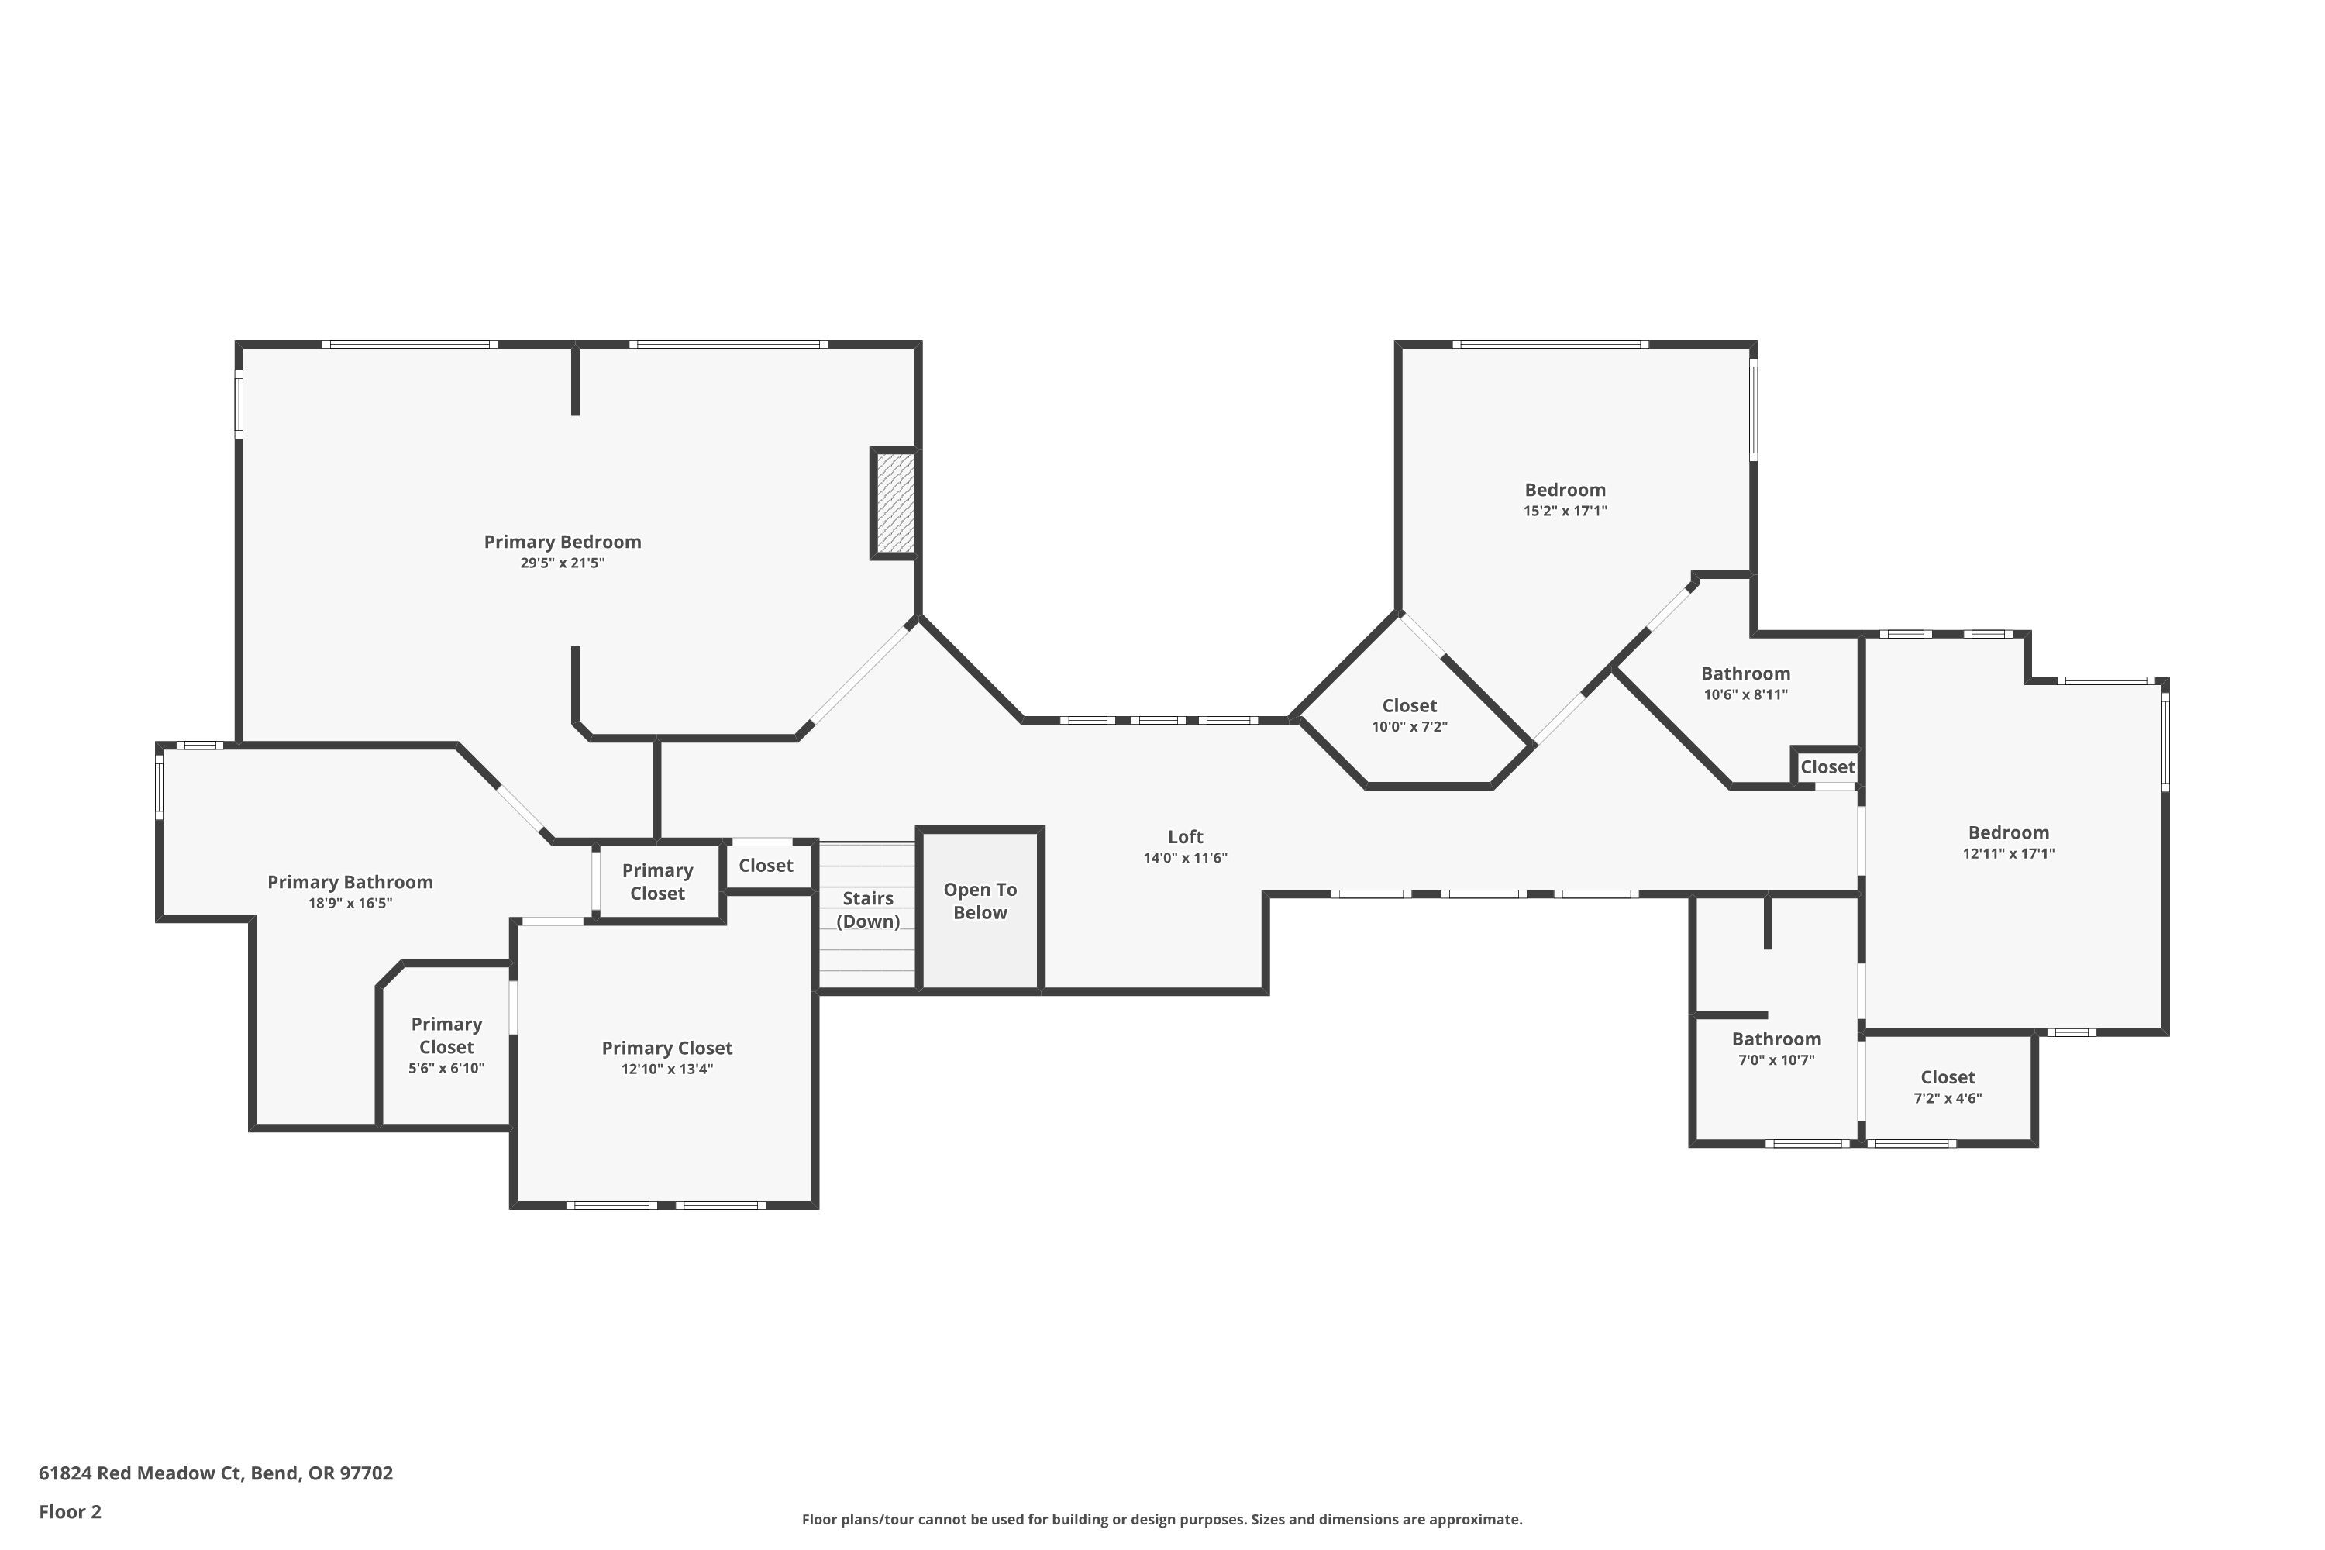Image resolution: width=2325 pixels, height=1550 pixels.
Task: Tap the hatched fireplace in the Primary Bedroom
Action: pyautogui.click(x=894, y=502)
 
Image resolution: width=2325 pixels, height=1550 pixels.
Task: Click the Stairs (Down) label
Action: pyautogui.click(x=867, y=909)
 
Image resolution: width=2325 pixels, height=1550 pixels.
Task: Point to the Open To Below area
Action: pyautogui.click(x=980, y=901)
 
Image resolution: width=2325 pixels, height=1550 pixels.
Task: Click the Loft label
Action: pyautogui.click(x=1184, y=837)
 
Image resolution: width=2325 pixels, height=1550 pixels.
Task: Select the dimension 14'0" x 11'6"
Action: pyautogui.click(x=1184, y=858)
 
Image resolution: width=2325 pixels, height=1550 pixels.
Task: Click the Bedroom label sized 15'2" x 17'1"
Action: pyautogui.click(x=1564, y=491)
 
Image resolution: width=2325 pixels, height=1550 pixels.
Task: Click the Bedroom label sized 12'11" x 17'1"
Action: pyautogui.click(x=2008, y=833)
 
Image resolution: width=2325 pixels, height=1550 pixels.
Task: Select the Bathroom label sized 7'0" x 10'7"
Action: pyautogui.click(x=1776, y=1039)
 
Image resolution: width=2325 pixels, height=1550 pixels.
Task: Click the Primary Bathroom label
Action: pyautogui.click(x=350, y=883)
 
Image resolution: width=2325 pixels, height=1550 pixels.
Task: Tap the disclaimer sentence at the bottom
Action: pyautogui.click(x=1162, y=1519)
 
